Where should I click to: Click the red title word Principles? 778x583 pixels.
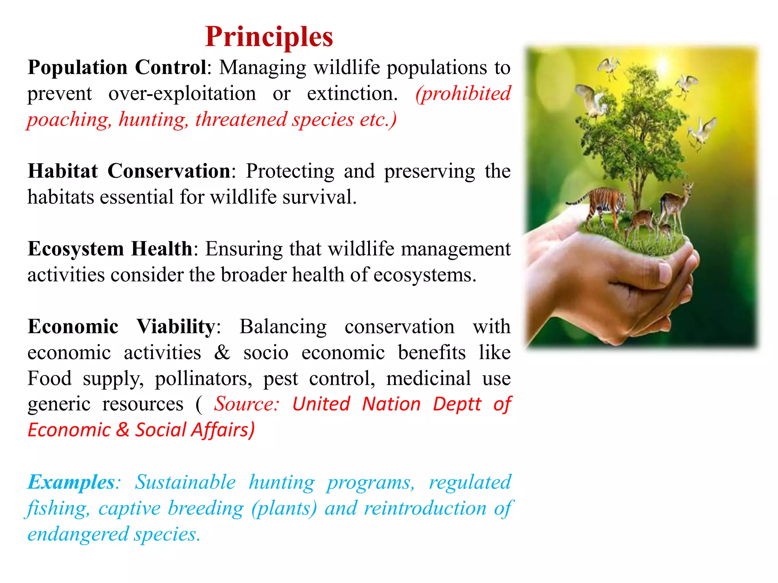coord(269,37)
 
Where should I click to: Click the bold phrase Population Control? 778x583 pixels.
coord(117,68)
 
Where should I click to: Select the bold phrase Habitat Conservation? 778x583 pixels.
coord(129,171)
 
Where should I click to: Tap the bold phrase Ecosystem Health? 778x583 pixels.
coord(110,249)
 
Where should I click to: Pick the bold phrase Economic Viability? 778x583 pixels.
coord(122,327)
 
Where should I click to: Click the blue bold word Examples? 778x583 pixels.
coord(71,482)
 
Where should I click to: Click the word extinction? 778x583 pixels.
coord(352,94)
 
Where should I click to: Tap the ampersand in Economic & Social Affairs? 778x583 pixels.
coord(123,430)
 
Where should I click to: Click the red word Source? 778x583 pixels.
coord(247,404)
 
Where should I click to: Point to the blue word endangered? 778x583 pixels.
coord(78,534)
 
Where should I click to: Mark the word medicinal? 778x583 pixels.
coord(429,379)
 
